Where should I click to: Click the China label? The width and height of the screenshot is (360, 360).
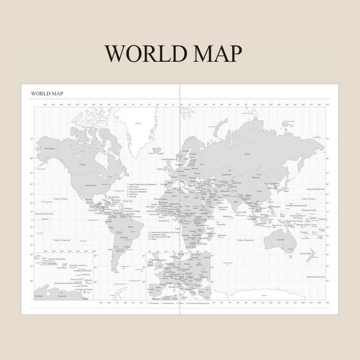(x=258, y=191)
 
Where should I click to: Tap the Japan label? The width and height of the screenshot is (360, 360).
(x=286, y=191)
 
